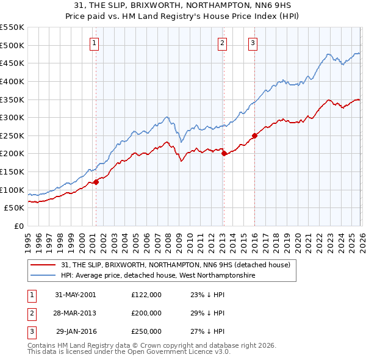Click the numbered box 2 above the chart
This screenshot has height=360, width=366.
point(222,43)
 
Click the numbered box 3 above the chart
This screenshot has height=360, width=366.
point(253,43)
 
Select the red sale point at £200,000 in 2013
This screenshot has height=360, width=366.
point(223,154)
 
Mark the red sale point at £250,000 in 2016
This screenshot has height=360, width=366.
point(254,135)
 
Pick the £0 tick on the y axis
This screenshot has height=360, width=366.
point(18,226)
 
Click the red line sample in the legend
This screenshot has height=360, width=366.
point(44,265)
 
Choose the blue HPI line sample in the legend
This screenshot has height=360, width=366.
point(44,275)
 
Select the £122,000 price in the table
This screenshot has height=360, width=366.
point(146,294)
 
